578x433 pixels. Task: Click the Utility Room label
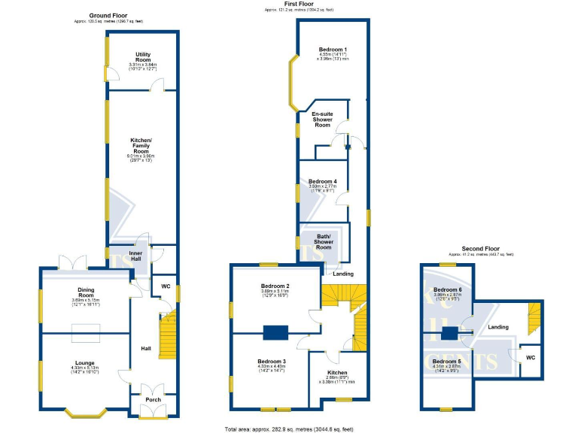pyautogui.click(x=143, y=57)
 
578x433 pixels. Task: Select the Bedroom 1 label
pyautogui.click(x=333, y=50)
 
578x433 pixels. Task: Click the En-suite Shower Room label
pyautogui.click(x=322, y=119)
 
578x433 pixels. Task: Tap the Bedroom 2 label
pyautogui.click(x=275, y=286)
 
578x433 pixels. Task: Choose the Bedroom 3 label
pyautogui.click(x=274, y=362)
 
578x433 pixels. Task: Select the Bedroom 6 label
pyautogui.click(x=447, y=290)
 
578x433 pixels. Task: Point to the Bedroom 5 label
pyautogui.click(x=447, y=362)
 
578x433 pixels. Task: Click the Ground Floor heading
pyautogui.click(x=108, y=15)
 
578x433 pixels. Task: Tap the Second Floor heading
pyautogui.click(x=481, y=248)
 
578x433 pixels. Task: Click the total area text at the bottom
pyautogui.click(x=288, y=428)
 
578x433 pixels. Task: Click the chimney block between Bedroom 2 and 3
pyautogui.click(x=275, y=332)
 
